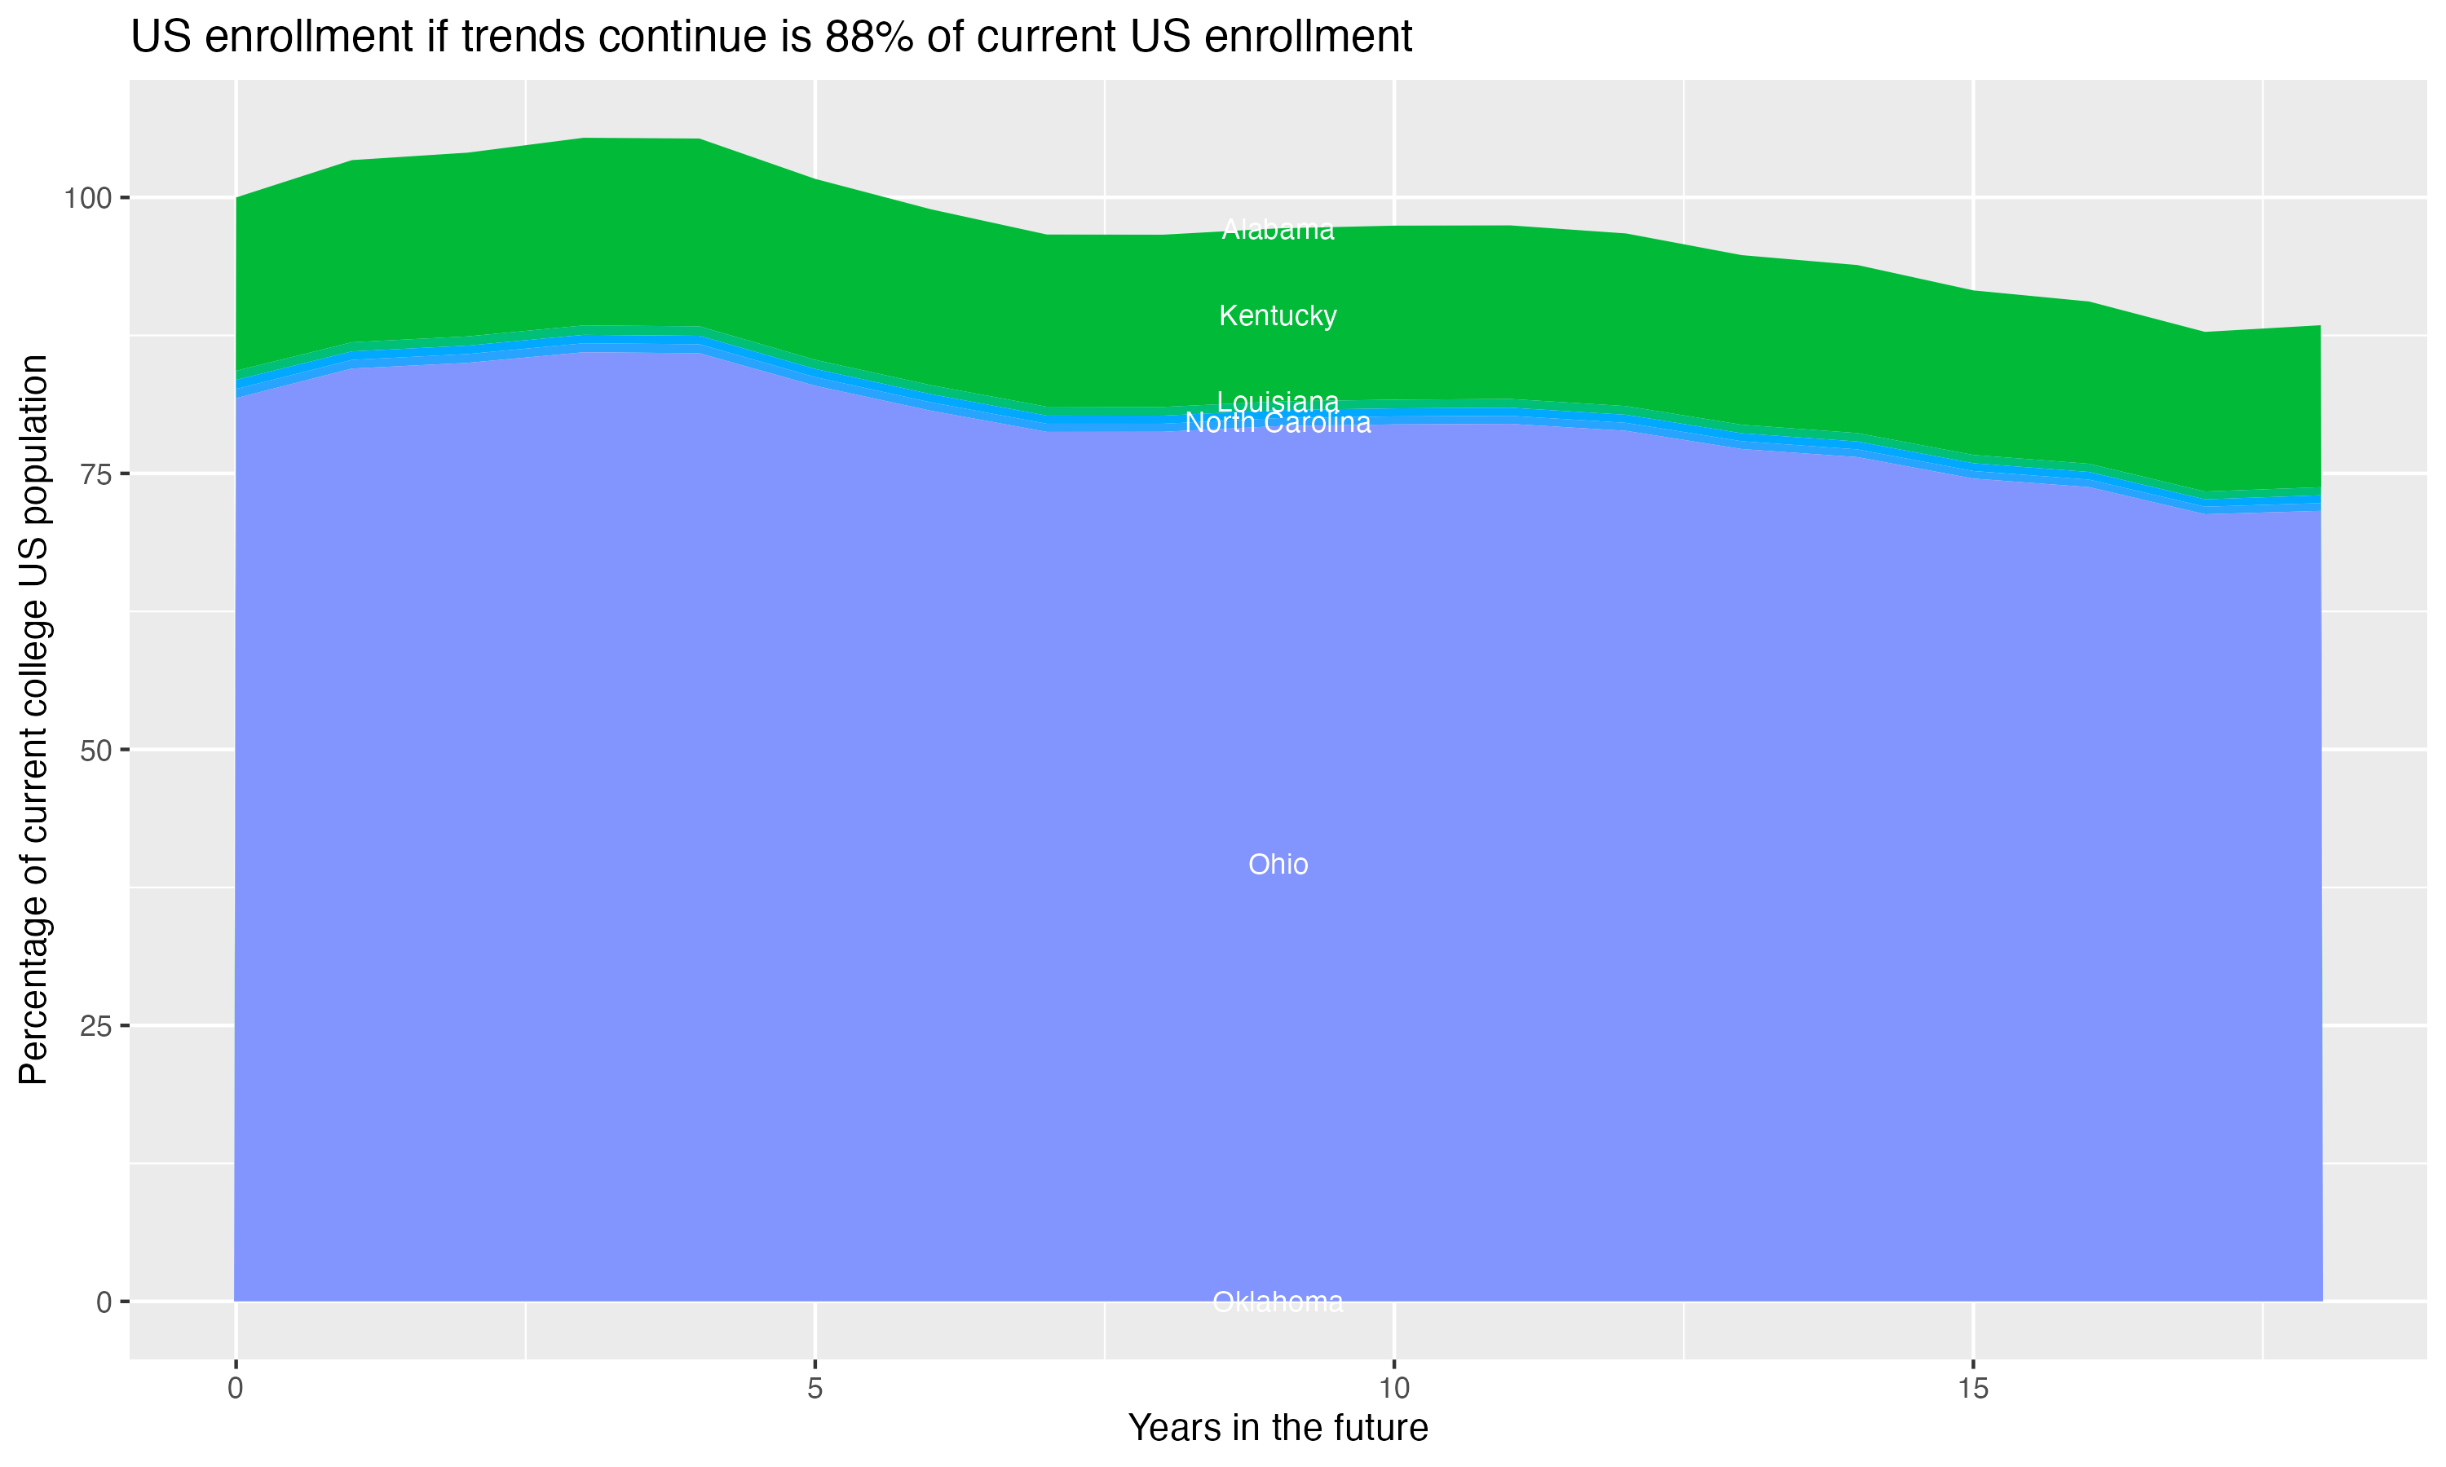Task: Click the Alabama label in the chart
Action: point(1278,229)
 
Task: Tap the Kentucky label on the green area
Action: point(1278,315)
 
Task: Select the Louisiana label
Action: point(1278,401)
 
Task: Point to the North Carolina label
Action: point(1278,423)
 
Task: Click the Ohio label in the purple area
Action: point(1278,864)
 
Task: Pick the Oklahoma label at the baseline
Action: point(1278,1302)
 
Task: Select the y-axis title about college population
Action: point(33,719)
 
